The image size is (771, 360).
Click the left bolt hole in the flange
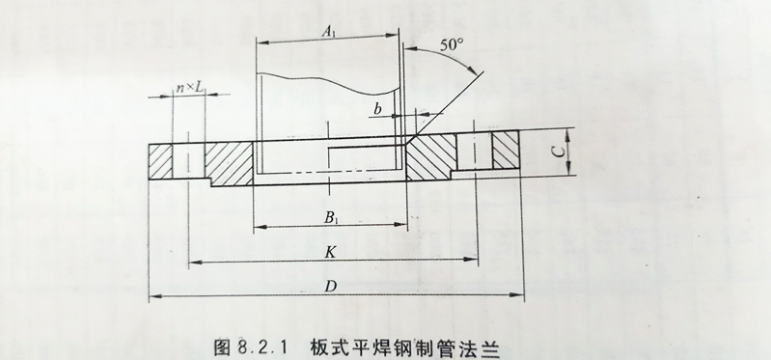[188, 160]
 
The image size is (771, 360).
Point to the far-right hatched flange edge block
[507, 153]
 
